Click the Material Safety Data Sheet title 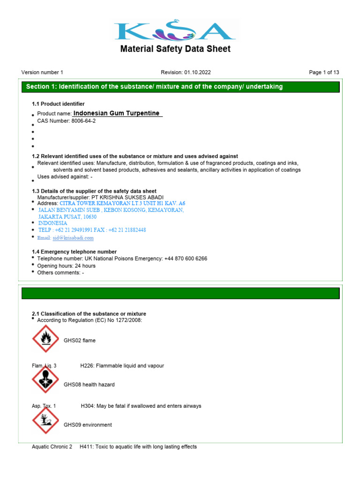click(175, 49)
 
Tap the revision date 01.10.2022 click(198, 72)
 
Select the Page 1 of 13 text click(324, 72)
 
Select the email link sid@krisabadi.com click(73, 238)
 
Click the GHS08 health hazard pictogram click(45, 379)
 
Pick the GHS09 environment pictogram click(45, 420)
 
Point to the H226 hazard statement click(122, 365)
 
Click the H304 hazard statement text click(141, 406)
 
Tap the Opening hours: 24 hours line click(66, 266)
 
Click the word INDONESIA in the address click(52, 223)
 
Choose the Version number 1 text click(42, 72)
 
